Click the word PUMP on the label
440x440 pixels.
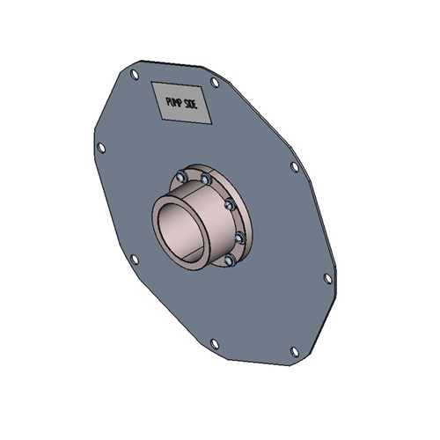[174, 103]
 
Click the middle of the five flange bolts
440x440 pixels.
[228, 204]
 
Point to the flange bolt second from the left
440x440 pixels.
[205, 180]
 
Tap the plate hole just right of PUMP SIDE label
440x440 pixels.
[215, 82]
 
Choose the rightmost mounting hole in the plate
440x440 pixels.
[327, 278]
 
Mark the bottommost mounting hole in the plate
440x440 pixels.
[295, 351]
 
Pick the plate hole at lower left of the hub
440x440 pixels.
[134, 259]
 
